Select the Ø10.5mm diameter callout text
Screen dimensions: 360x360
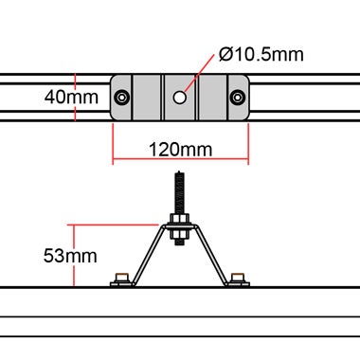[261, 55]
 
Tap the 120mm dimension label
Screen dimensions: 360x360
[180, 150]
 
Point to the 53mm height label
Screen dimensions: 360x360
[71, 255]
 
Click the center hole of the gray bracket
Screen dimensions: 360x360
[180, 96]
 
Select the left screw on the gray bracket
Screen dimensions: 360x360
[123, 96]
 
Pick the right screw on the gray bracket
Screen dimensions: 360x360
[237, 96]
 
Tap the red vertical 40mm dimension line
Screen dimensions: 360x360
[75, 96]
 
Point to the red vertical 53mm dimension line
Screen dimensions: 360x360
[74, 255]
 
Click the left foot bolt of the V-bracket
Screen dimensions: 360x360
[119, 279]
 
